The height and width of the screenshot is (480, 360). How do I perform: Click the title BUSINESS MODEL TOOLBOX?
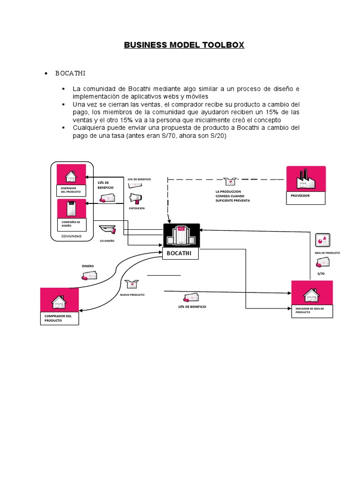click(x=184, y=45)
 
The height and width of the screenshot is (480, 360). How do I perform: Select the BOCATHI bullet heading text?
click(x=70, y=74)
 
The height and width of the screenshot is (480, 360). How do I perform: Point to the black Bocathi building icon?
click(x=181, y=235)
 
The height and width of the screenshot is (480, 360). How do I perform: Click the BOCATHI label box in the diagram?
click(x=180, y=254)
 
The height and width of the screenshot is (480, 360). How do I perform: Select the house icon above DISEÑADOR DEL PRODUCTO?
click(x=71, y=176)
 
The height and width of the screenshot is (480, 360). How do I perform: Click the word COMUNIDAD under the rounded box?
click(x=71, y=237)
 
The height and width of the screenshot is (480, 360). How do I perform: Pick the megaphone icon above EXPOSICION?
click(x=135, y=198)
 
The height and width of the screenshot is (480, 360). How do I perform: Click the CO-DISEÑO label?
click(x=107, y=240)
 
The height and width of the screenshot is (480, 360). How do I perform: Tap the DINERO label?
click(x=88, y=266)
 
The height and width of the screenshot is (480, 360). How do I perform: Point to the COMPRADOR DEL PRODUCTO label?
click(x=58, y=318)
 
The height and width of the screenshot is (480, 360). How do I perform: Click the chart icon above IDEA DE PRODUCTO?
click(x=322, y=240)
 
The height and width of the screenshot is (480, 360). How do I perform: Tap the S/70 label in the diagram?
click(x=321, y=273)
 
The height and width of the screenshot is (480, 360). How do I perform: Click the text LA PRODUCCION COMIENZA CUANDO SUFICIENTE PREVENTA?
click(x=232, y=196)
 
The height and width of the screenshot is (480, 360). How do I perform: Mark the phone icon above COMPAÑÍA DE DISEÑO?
click(x=72, y=208)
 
